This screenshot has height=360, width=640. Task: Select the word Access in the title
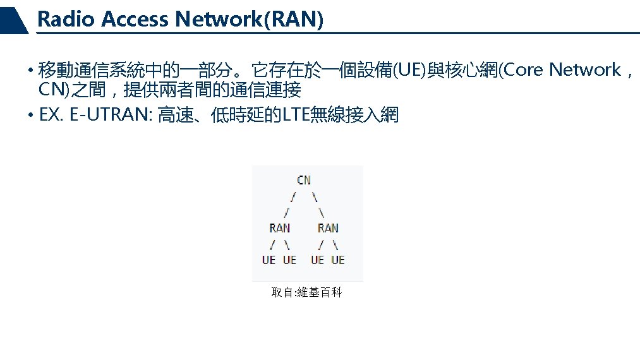(x=135, y=20)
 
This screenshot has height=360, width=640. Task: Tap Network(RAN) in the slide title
(x=250, y=20)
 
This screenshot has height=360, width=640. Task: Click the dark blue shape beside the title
(x=14, y=20)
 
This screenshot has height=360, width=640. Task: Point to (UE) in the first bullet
(x=410, y=69)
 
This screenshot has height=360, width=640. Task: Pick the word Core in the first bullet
(x=522, y=69)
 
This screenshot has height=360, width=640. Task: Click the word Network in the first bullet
(x=584, y=69)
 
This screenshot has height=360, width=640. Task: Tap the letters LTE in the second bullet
(x=296, y=116)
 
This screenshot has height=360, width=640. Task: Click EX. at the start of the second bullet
(x=50, y=116)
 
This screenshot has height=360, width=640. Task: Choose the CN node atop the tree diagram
(x=304, y=180)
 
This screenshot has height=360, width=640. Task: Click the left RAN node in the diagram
(x=280, y=228)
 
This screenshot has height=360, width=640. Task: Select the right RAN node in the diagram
(x=328, y=228)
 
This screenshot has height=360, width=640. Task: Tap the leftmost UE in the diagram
(x=269, y=260)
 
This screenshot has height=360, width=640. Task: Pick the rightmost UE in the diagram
(x=338, y=260)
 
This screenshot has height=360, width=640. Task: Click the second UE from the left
(x=289, y=260)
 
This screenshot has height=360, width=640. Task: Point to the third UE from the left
(x=317, y=260)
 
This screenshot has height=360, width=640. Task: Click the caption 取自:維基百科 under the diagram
(x=306, y=293)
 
